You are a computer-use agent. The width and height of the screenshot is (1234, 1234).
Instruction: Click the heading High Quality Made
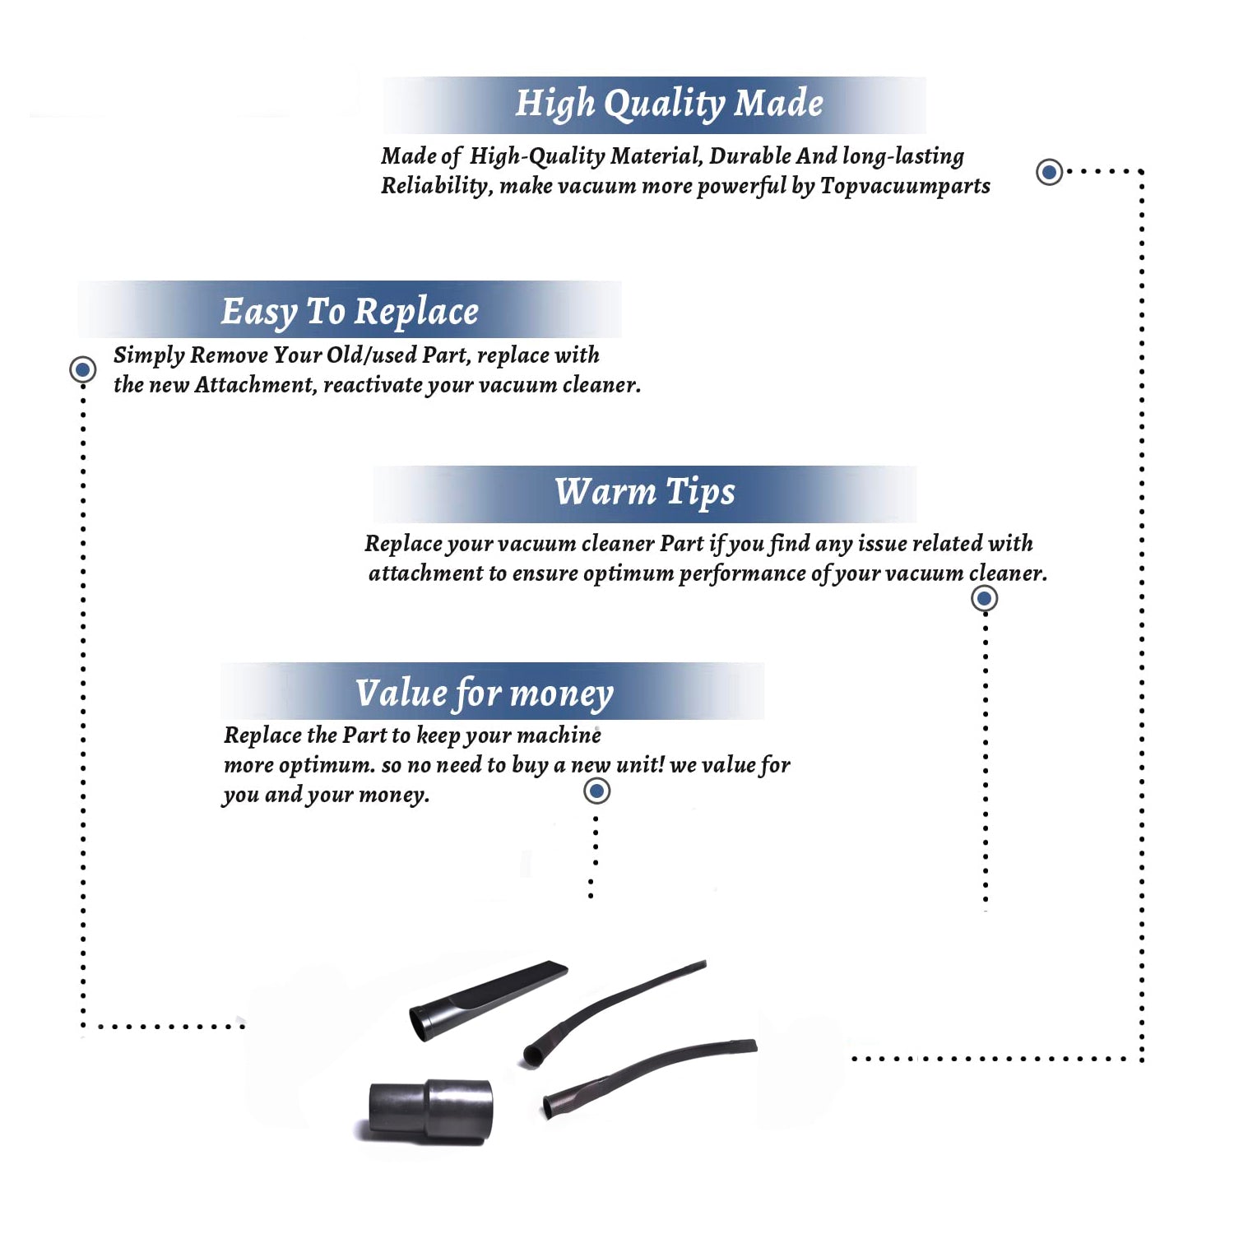pos(669,104)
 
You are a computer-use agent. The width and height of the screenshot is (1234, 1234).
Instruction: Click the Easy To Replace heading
pos(350,312)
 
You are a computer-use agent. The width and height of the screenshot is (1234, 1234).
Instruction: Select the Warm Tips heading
pos(645,493)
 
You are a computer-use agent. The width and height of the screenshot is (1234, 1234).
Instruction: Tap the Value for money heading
pos(485,694)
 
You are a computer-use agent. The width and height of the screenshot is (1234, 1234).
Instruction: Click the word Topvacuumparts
pos(905,187)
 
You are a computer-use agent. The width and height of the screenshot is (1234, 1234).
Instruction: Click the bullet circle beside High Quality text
pos(1049,172)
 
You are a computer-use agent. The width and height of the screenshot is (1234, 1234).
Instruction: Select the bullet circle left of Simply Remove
pos(82,369)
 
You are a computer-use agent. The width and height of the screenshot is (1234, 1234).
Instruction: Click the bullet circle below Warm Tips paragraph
pos(984,598)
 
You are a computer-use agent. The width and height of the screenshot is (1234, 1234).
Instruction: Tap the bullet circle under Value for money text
pos(596,791)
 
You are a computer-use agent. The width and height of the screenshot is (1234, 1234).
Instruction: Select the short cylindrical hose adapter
pos(429,1111)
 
